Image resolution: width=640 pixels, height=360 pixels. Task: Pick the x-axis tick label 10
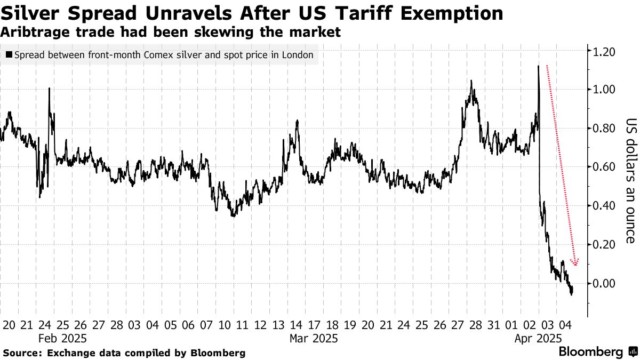225,325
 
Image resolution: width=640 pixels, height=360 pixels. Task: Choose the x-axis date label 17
314,325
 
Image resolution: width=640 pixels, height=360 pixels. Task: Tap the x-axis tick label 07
206,325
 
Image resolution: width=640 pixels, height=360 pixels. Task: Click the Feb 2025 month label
62,338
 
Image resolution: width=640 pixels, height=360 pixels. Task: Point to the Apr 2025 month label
538,338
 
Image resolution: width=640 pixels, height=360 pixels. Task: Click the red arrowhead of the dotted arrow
575,262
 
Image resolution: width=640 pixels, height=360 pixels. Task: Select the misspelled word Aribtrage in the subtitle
37,32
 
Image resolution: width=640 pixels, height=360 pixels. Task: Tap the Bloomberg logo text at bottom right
591,352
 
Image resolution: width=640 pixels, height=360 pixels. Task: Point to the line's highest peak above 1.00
538,66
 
